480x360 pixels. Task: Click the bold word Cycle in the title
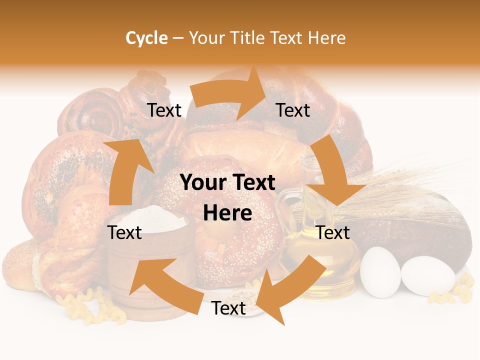click(146, 38)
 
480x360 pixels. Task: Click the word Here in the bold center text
click(227, 213)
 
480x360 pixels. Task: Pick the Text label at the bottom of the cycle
click(228, 308)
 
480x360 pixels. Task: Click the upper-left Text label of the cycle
click(164, 110)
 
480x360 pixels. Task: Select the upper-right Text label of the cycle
click(293, 110)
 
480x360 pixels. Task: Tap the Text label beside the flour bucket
click(124, 232)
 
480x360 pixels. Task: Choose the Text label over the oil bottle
click(333, 232)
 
